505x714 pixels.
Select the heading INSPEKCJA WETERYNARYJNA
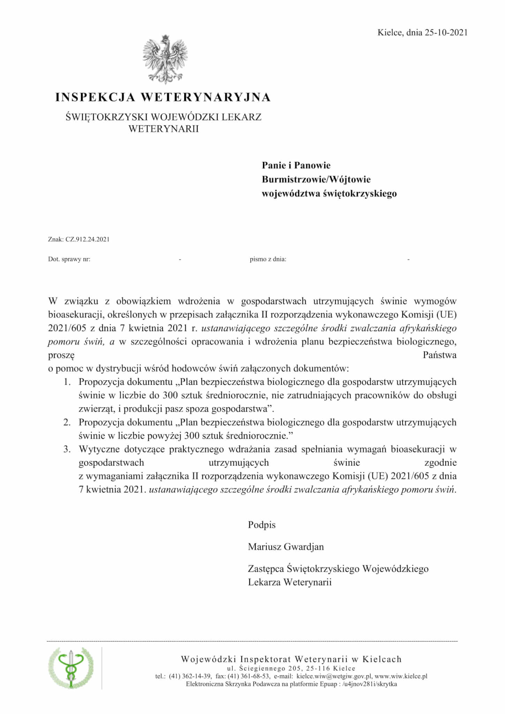[163, 97]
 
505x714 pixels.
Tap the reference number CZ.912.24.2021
[87, 239]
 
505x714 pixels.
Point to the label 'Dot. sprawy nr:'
[69, 259]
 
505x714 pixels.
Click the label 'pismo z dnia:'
[268, 259]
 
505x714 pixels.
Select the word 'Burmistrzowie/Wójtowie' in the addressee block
[316, 180]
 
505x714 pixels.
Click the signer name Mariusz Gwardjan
[286, 547]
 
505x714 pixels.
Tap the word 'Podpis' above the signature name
[262, 525]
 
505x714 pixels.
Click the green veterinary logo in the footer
[71, 667]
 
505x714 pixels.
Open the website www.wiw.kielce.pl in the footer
[401, 676]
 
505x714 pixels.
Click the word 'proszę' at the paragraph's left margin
[61, 355]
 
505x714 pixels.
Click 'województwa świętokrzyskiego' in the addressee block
[329, 193]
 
